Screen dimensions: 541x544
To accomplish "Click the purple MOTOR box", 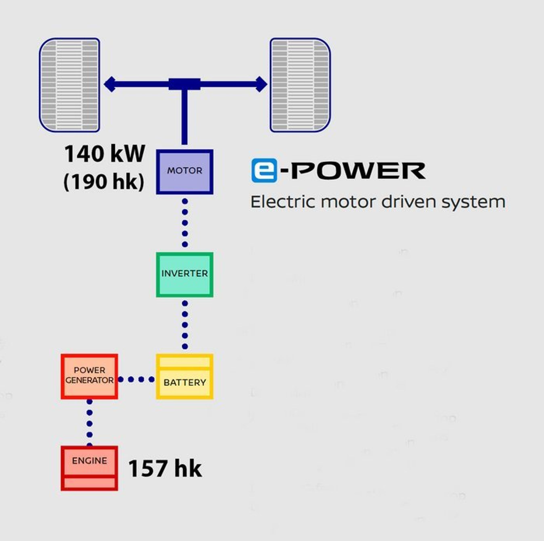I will point(184,172).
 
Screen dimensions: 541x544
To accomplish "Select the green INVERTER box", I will point(184,275).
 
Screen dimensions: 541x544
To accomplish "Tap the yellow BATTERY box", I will point(184,376).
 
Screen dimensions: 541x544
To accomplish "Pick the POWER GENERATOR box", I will point(89,376).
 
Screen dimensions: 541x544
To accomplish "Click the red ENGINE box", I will point(89,468).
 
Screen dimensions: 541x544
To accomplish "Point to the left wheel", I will point(70,85).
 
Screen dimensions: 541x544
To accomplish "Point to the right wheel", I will point(300,85).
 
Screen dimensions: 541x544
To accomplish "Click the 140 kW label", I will point(105,154).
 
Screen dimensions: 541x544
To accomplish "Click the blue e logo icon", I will point(264,170).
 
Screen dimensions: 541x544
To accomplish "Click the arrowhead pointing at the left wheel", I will point(110,84).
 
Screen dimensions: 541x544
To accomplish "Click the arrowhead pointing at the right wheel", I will point(261,84).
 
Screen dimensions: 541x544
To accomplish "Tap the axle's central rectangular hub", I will point(184,84).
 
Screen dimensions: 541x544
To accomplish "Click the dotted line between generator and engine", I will point(90,423).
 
